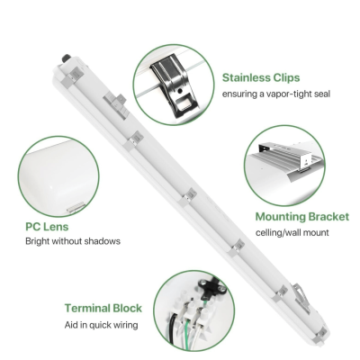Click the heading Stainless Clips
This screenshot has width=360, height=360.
click(262, 77)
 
